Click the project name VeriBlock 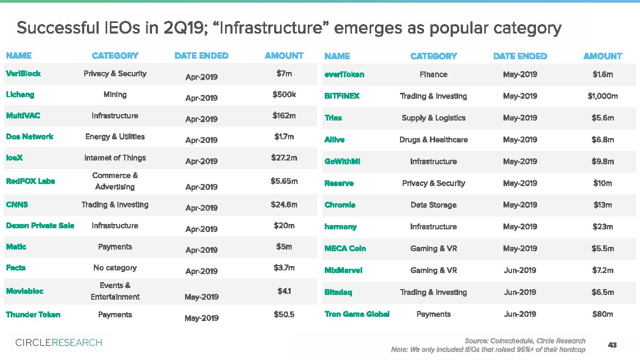coord(23,74)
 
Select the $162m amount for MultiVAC coord(284,116)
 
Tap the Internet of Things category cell coord(115,158)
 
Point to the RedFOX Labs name coord(30,181)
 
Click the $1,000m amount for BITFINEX coord(603,96)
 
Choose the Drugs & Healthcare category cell coord(433,140)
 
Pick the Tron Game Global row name coord(357,314)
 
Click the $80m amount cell coord(603,314)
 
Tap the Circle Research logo coord(59,342)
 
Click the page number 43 coord(612,345)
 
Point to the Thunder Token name coord(33,315)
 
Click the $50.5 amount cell coord(284,315)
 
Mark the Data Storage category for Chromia coord(433,205)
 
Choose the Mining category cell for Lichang coord(115,95)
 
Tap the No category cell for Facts coord(115,268)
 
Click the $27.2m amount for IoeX coord(284,158)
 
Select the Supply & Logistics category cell coord(433,118)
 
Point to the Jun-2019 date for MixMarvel coord(519,270)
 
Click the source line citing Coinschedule coord(525,341)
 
